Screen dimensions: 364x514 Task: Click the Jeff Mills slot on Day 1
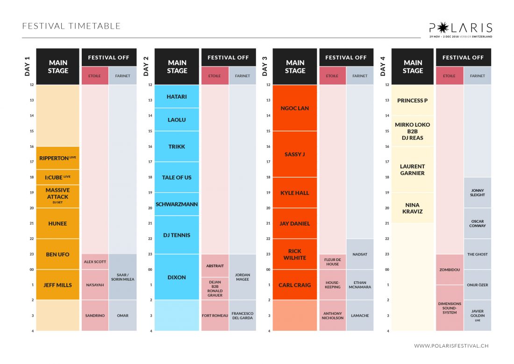coord(58,284)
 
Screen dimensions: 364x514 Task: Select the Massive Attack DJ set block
coord(58,196)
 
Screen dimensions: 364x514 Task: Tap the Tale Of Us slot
coord(177,177)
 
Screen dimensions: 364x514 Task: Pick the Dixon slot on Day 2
coord(177,277)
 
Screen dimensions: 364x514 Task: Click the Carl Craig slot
coord(295,284)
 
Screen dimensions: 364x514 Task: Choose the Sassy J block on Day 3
coord(295,154)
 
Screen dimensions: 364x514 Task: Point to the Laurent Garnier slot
coord(413,169)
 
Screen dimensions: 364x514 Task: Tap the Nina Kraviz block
coord(413,208)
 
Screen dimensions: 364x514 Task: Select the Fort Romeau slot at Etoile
coord(215,315)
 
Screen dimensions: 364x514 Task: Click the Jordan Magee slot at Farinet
coord(243,277)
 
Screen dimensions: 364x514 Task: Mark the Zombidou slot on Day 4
coord(449,269)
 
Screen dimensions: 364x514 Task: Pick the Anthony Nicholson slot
coord(333,315)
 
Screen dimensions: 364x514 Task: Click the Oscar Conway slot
coord(478,224)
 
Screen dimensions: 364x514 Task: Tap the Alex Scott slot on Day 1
coord(95,262)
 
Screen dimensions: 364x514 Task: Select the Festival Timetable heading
coord(71,26)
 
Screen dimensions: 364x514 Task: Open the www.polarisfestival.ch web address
coord(451,346)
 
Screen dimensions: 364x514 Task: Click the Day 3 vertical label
coord(265,66)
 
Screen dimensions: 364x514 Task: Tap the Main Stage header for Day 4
coord(413,66)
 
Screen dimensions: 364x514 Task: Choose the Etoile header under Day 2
coord(215,76)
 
